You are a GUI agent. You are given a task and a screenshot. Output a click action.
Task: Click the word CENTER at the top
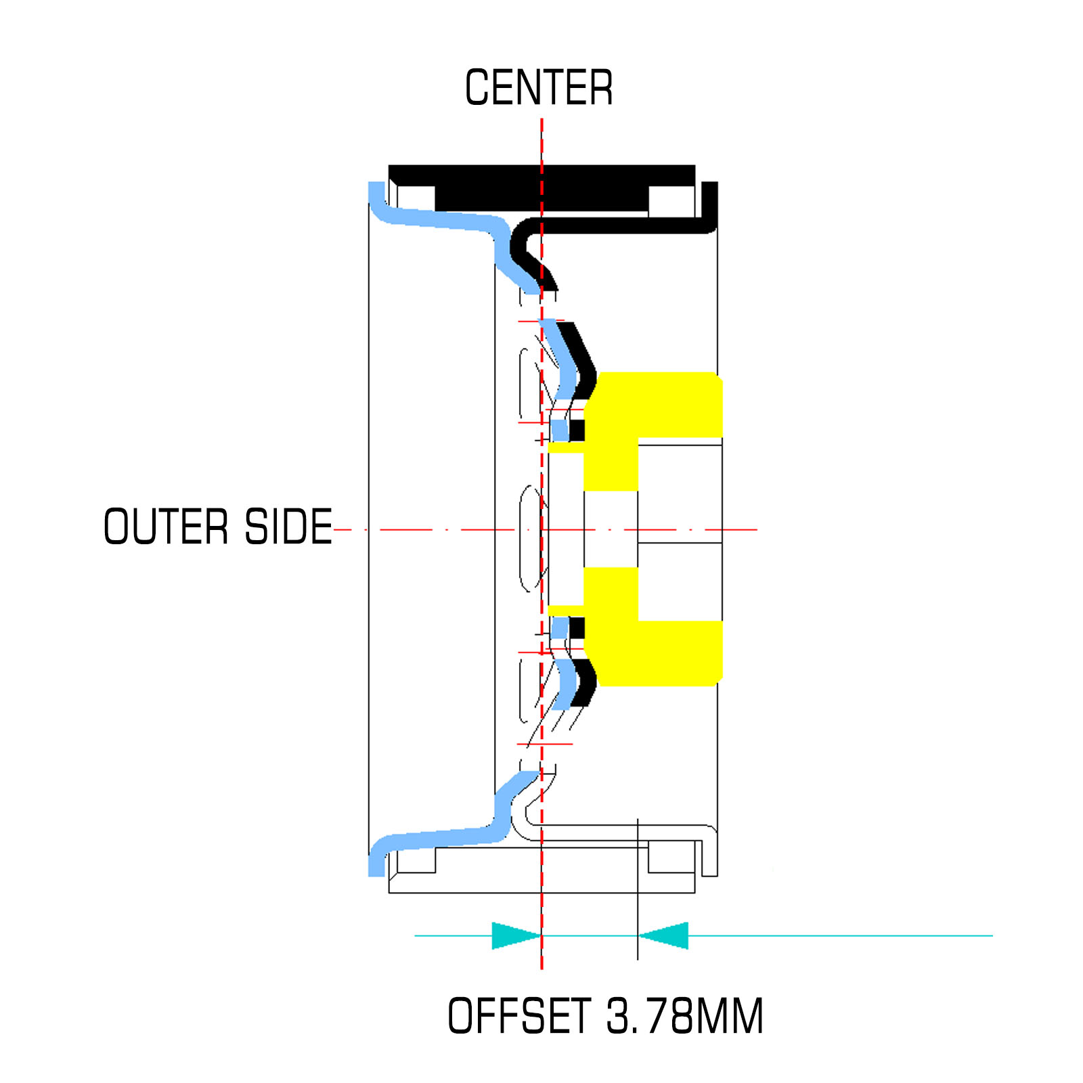pos(539,88)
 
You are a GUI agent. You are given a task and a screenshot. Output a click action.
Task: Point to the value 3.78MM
pos(684,1015)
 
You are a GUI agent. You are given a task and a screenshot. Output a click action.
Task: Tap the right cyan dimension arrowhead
pos(665,935)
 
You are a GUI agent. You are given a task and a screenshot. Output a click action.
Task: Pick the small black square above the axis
pos(577,430)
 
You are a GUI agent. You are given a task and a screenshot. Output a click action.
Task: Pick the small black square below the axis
pos(577,628)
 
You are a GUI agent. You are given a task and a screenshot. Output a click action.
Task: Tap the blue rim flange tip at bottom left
pos(376,865)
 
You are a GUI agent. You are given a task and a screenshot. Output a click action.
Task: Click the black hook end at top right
pos(710,203)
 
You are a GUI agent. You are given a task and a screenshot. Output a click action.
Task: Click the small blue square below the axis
pos(559,628)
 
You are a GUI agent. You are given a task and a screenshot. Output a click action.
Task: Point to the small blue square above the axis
pos(559,430)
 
